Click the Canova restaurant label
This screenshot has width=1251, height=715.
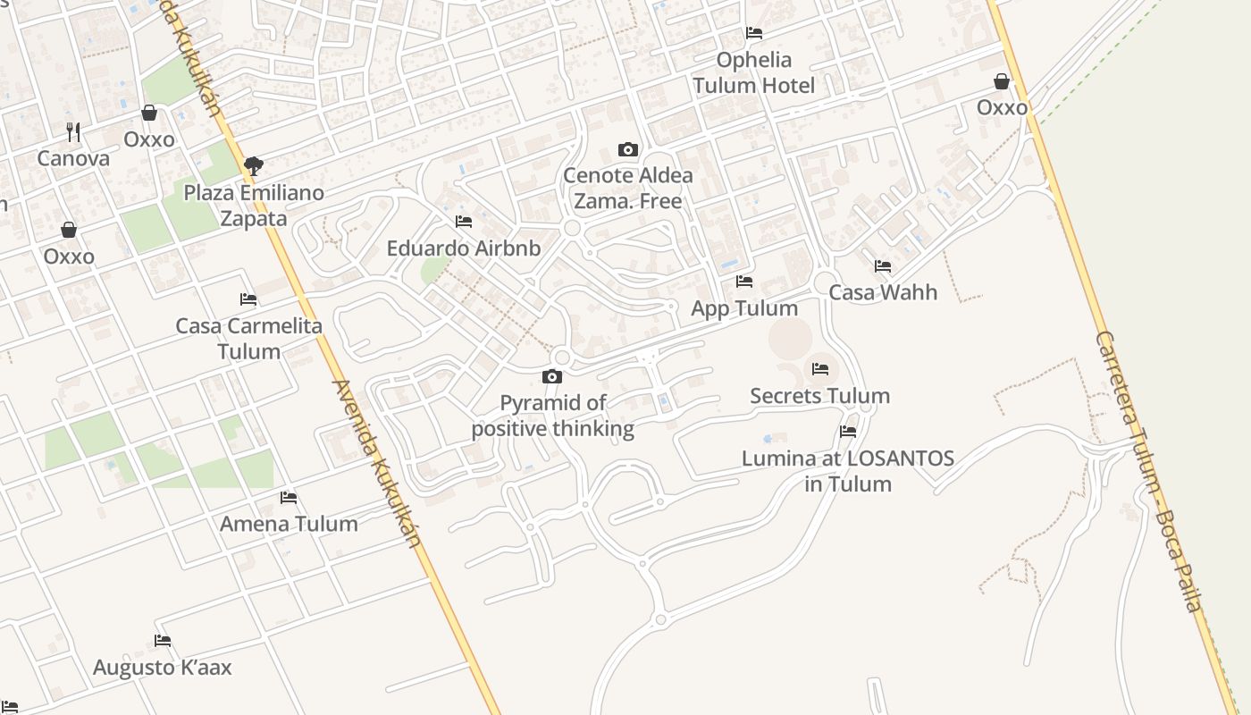[x=73, y=159]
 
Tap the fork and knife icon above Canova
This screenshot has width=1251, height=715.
[x=73, y=132]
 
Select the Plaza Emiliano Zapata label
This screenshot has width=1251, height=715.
[x=254, y=206]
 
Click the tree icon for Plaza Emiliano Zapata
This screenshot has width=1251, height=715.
[x=254, y=165]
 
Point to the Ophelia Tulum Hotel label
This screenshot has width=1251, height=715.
[x=754, y=72]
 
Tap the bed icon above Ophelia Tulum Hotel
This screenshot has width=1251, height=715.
[x=754, y=33]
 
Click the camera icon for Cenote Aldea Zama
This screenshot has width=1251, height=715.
[x=628, y=149]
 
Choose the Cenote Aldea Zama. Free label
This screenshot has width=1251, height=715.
[x=628, y=188]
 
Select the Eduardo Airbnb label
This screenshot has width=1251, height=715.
[x=464, y=248]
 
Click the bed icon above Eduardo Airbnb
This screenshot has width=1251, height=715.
[x=464, y=221]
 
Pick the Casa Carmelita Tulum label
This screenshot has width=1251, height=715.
[x=248, y=338]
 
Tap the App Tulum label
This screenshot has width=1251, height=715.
[x=744, y=308]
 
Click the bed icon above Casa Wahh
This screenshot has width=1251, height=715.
[x=883, y=265]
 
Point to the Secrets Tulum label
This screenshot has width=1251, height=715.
[x=819, y=396]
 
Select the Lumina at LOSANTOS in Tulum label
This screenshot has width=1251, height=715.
[x=848, y=471]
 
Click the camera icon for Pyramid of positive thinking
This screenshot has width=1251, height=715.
[x=552, y=376]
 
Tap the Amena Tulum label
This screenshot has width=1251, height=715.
[x=289, y=524]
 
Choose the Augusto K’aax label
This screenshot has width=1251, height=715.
[x=163, y=668]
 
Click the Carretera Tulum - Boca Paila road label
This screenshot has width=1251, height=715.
[x=1147, y=471]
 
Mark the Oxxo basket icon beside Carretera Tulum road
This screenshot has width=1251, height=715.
[x=1002, y=81]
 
